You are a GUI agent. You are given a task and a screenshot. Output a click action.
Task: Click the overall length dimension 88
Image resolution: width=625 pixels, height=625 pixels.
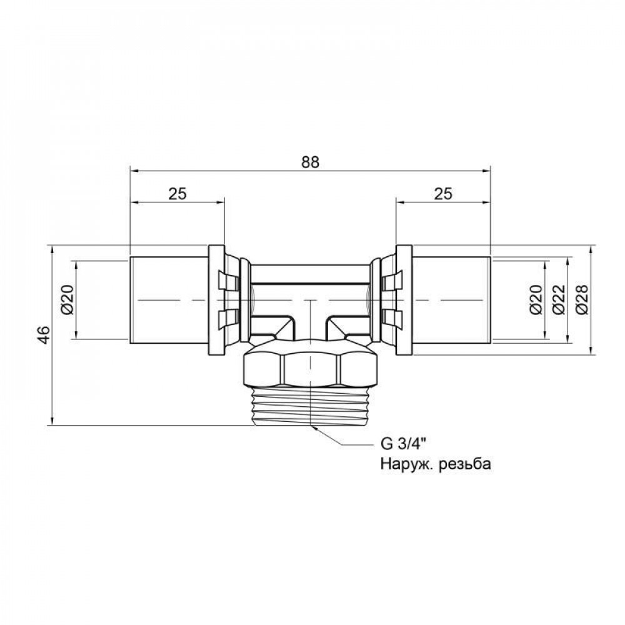click(x=310, y=161)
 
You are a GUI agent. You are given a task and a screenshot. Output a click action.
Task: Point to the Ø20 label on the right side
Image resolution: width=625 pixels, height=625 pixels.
click(x=535, y=300)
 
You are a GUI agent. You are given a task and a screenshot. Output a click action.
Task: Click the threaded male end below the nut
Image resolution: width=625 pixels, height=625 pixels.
click(x=310, y=406)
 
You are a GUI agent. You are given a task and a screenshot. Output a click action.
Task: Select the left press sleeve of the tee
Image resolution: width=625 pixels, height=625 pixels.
click(x=169, y=300)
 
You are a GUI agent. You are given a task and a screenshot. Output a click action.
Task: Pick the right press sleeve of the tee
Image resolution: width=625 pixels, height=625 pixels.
click(x=451, y=300)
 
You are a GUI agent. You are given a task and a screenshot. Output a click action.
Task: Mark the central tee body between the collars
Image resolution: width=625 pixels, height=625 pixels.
click(x=310, y=287)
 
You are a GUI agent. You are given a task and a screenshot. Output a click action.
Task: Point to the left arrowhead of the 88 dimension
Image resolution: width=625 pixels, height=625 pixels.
click(x=132, y=169)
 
